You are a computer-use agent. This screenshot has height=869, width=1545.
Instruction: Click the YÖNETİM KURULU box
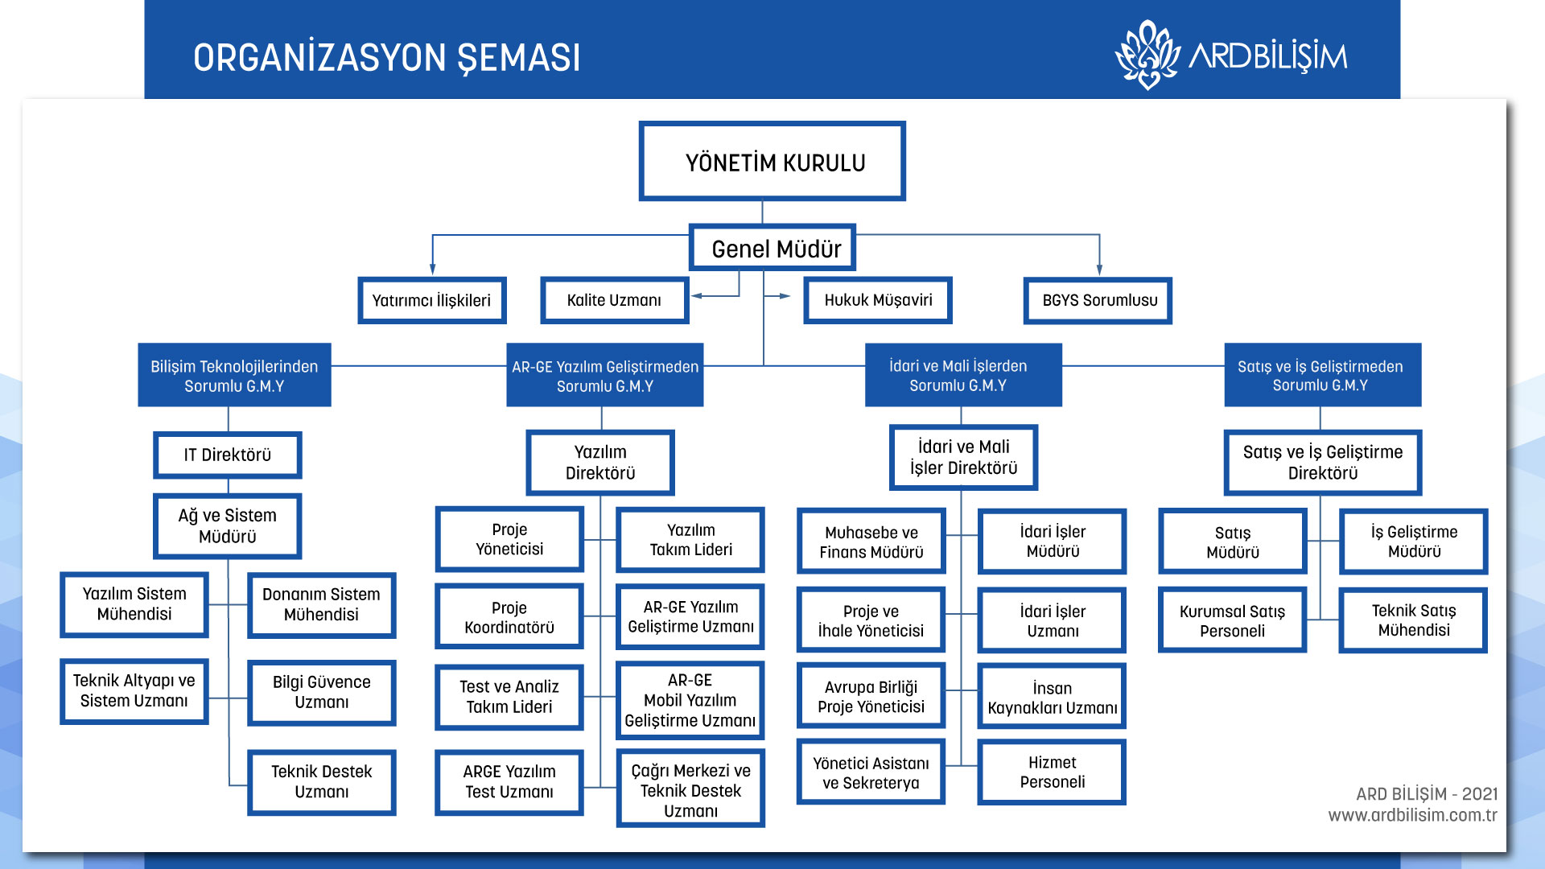(772, 162)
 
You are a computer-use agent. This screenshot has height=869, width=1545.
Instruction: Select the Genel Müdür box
(772, 249)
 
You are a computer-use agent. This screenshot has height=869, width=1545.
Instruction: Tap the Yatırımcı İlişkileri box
(431, 301)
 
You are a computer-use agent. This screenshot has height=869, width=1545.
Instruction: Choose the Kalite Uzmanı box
(614, 301)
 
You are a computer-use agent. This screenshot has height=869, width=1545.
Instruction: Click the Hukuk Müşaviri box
(877, 301)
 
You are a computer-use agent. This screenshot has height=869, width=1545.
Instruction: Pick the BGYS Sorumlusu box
(1098, 301)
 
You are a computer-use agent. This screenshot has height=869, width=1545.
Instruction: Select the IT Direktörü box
(227, 455)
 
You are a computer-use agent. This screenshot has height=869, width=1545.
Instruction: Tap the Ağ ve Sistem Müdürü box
(227, 526)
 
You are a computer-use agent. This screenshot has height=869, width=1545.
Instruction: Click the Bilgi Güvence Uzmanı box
(321, 693)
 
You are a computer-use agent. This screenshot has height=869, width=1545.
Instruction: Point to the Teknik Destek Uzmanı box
(321, 782)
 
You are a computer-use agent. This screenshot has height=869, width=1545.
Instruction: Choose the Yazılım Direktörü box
(600, 463)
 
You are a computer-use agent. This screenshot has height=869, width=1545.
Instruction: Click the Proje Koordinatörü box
(509, 618)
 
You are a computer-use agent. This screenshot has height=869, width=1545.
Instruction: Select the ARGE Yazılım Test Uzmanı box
(509, 782)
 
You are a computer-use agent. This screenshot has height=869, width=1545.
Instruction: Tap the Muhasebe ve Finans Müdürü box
(871, 542)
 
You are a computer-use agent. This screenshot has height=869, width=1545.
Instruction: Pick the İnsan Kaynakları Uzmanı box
(1052, 698)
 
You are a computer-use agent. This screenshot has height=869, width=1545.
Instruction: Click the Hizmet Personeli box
(1052, 772)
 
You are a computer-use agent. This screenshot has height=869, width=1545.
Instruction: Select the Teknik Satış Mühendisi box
(1413, 620)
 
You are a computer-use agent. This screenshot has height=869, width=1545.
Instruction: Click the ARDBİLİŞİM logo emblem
(1147, 55)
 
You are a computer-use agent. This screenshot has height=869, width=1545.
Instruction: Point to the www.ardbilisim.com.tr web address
(1412, 815)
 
